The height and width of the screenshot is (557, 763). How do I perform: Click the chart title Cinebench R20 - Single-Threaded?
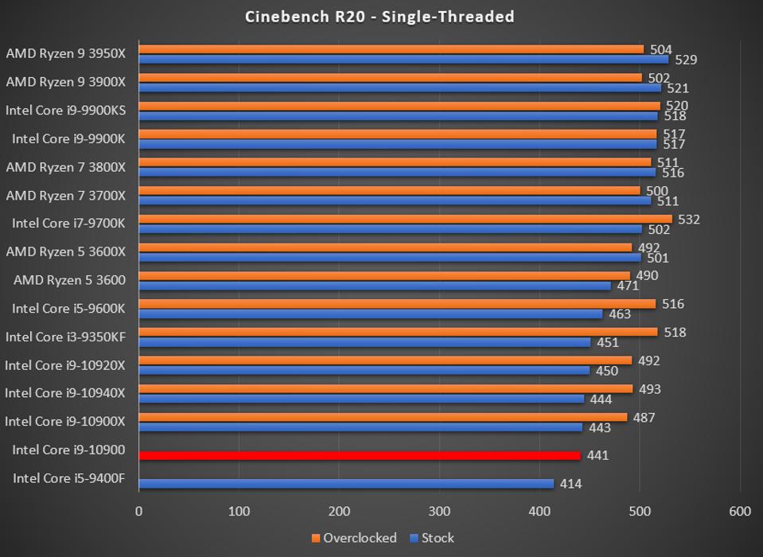pos(380,16)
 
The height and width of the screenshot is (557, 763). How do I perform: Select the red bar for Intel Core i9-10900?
pos(360,456)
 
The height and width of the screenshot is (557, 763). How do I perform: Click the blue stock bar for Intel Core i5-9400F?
pos(346,484)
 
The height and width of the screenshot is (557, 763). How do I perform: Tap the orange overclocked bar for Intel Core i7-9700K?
pos(405,219)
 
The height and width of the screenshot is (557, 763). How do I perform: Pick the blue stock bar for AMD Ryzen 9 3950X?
pos(403,59)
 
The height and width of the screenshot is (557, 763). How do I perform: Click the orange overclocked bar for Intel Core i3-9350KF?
pos(398,332)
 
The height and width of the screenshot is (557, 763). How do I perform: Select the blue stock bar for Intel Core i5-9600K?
pos(371,314)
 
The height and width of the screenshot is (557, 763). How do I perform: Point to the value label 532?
pos(689,219)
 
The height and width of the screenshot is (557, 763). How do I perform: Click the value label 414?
pos(570,484)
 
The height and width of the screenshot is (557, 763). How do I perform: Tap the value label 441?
pos(598,456)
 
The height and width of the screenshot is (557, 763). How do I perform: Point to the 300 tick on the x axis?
pos(439,511)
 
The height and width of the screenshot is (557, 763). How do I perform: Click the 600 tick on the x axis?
pos(739,511)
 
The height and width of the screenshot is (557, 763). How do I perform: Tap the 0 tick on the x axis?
pos(139,511)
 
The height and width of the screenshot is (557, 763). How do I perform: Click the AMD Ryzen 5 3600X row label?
pos(65,251)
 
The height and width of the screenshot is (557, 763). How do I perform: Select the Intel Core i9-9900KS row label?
pos(65,109)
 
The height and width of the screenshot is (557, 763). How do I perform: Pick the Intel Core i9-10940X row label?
pos(65,393)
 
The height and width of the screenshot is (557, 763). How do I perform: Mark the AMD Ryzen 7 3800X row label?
pos(65,166)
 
